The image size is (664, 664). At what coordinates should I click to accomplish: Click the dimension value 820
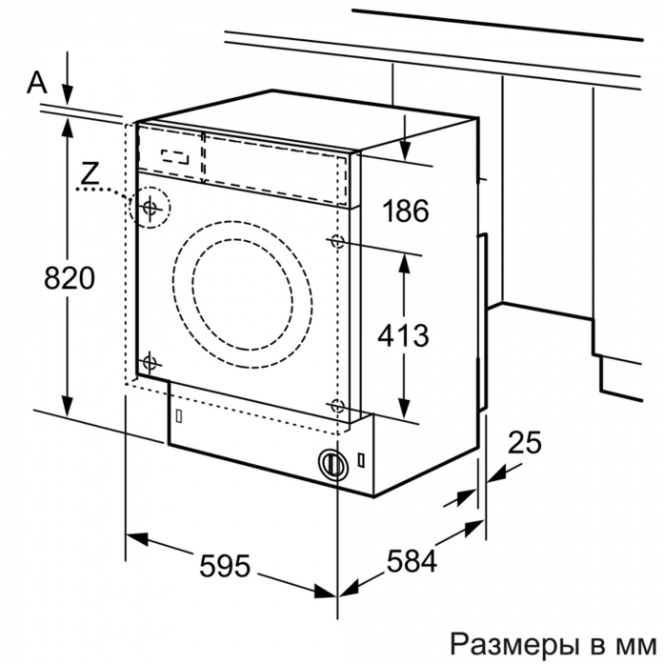(70, 278)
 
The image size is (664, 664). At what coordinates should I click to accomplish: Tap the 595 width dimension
(225, 566)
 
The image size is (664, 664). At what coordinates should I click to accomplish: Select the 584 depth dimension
(412, 561)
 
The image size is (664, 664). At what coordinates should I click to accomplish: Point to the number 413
(403, 335)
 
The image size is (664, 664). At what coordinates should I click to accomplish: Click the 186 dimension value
(406, 211)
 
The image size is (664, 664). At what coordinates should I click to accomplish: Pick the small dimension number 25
(525, 443)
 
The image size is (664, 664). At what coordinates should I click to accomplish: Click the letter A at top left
(37, 82)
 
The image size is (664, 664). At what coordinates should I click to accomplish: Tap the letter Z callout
(90, 173)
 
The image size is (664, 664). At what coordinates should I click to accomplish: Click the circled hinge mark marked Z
(150, 208)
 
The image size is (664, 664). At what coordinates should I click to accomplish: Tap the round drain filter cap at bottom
(332, 463)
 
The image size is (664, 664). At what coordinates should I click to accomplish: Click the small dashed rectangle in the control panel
(175, 156)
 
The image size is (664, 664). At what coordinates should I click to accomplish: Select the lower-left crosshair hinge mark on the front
(150, 363)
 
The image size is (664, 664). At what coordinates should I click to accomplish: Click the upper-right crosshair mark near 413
(337, 241)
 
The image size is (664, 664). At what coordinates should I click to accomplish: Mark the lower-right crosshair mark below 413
(337, 406)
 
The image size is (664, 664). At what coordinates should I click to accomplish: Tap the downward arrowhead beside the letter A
(68, 95)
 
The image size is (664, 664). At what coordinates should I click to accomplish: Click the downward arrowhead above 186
(405, 151)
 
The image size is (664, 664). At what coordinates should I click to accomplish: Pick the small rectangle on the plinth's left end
(179, 416)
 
